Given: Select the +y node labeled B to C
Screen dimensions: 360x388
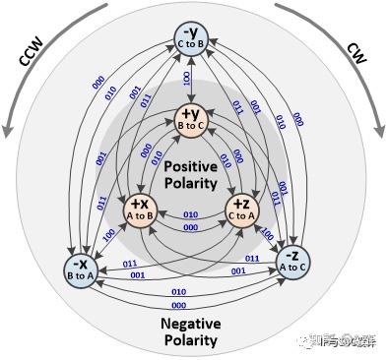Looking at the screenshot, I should point(193,118).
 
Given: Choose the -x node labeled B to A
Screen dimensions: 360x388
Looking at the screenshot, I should point(80,269).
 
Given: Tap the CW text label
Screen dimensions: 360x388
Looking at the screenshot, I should point(357,51).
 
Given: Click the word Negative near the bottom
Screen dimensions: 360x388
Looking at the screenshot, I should point(193,325).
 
